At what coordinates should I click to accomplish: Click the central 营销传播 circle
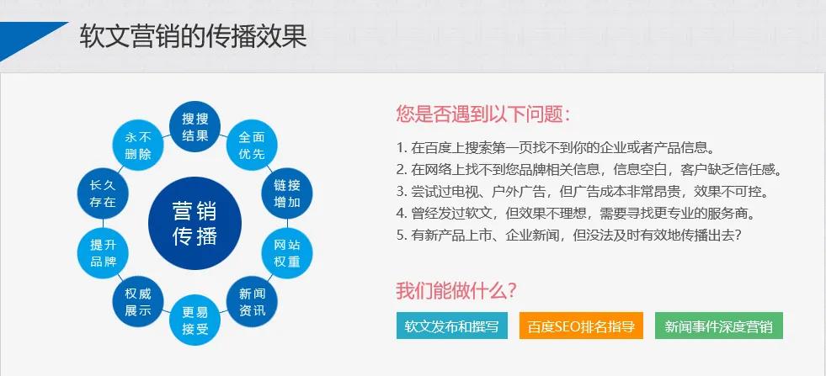[x=195, y=222]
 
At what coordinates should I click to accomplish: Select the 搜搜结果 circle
[x=195, y=126]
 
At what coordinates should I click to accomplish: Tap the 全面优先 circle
[x=252, y=145]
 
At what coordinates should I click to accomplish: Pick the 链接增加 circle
[x=287, y=193]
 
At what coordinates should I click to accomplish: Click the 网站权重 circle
[x=287, y=252]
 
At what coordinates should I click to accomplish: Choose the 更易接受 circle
[x=195, y=320]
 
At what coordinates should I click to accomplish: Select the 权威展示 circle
[x=138, y=302]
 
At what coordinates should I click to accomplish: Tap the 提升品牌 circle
[x=103, y=252]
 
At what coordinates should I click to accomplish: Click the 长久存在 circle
[x=103, y=193]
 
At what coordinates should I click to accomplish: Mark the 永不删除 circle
[x=138, y=145]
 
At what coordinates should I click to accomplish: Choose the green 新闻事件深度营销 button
[x=718, y=326]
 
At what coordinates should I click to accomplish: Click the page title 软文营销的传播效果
[x=193, y=35]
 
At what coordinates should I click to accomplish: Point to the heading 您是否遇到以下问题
[x=482, y=114]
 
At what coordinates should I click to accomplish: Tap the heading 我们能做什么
[x=456, y=291]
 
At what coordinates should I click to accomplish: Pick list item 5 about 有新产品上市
[x=568, y=235]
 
